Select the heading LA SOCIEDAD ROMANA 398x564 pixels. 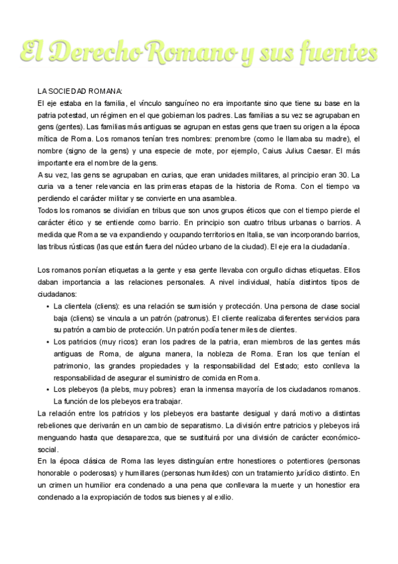80,91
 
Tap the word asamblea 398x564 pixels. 214,198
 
